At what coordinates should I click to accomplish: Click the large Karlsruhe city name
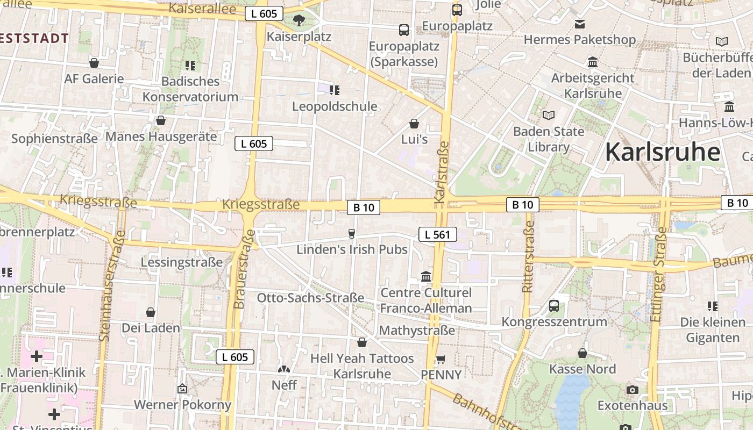pyautogui.click(x=663, y=152)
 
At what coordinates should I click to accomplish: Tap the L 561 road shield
pyautogui.click(x=438, y=234)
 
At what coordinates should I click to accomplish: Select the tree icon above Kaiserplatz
pyautogui.click(x=299, y=20)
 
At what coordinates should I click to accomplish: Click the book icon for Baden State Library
pyautogui.click(x=549, y=115)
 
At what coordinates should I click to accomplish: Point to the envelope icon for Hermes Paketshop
pyautogui.click(x=580, y=24)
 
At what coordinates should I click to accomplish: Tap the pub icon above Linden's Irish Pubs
pyautogui.click(x=352, y=233)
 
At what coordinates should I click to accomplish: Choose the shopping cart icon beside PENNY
pyautogui.click(x=441, y=359)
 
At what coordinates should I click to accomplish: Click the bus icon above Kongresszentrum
pyautogui.click(x=554, y=306)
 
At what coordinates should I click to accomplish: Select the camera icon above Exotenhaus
pyautogui.click(x=633, y=390)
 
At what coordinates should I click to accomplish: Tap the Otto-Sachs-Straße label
pyautogui.click(x=310, y=298)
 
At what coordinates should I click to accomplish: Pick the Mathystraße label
pyautogui.click(x=417, y=330)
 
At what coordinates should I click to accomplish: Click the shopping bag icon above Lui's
pyautogui.click(x=414, y=124)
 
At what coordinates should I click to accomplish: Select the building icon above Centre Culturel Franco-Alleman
pyautogui.click(x=426, y=276)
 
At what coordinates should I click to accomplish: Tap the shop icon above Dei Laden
pyautogui.click(x=151, y=312)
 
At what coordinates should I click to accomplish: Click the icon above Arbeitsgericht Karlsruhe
pyautogui.click(x=593, y=62)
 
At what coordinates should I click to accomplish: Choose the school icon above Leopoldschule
pyautogui.click(x=335, y=90)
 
